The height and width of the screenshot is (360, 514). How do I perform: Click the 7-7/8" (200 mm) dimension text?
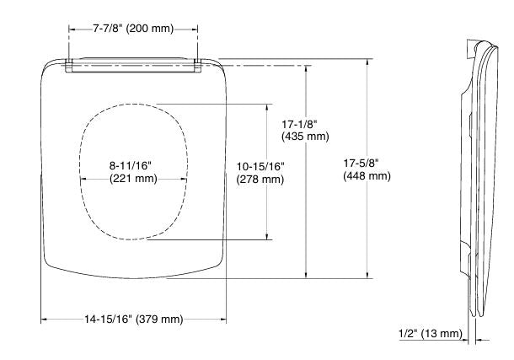[x=133, y=29]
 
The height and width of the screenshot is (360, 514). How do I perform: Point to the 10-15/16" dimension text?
[x=261, y=166]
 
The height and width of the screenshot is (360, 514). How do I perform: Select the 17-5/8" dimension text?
[x=367, y=163]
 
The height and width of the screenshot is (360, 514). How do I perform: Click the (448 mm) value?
[x=367, y=176]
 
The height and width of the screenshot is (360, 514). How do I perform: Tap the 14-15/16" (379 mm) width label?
[x=133, y=319]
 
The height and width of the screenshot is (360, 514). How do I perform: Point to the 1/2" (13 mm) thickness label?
[x=429, y=335]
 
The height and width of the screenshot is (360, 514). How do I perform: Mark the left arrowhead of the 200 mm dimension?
[x=71, y=29]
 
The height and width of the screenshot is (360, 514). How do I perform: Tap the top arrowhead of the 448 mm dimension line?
[x=367, y=62]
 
